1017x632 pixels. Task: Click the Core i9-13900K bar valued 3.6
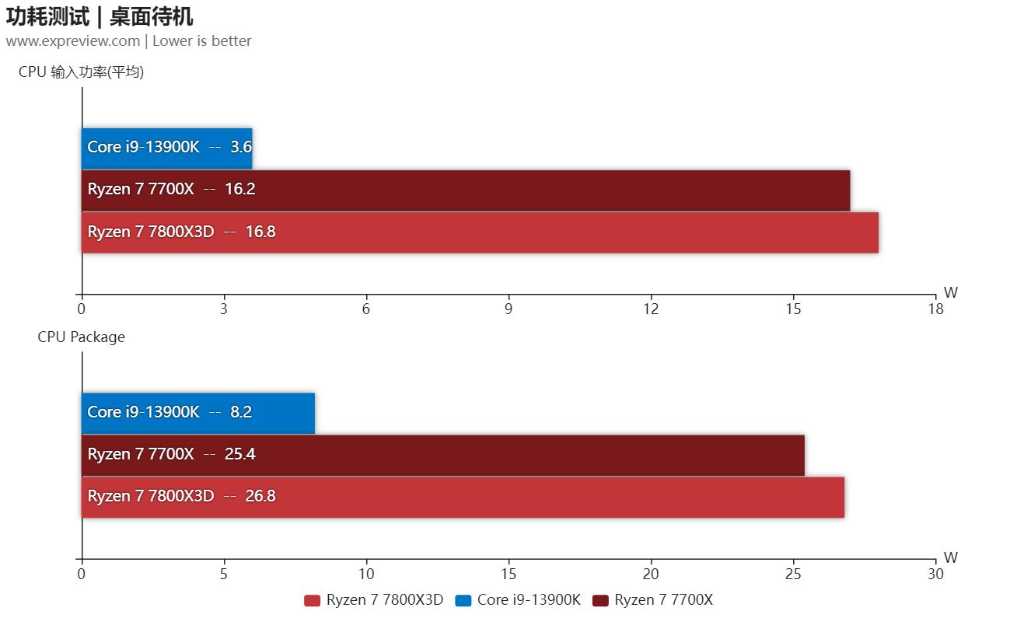(x=167, y=148)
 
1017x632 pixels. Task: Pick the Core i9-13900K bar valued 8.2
(x=198, y=413)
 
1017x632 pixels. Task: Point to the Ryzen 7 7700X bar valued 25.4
(x=442, y=455)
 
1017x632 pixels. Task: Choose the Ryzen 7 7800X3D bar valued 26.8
(x=463, y=497)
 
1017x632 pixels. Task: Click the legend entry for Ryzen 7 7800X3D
(x=374, y=600)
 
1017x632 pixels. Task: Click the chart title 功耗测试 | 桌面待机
(x=100, y=16)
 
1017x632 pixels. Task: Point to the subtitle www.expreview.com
(x=73, y=41)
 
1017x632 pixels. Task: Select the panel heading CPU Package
(x=81, y=337)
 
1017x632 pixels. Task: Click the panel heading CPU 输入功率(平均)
(x=82, y=72)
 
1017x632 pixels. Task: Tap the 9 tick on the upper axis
(x=508, y=309)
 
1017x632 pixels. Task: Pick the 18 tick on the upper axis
(x=935, y=309)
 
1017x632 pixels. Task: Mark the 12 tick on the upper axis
(x=651, y=309)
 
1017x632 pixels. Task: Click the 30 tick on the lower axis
(x=935, y=574)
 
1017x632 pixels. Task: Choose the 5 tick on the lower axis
(x=224, y=574)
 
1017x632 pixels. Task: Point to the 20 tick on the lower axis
(x=651, y=574)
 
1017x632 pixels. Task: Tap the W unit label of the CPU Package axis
(x=950, y=557)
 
